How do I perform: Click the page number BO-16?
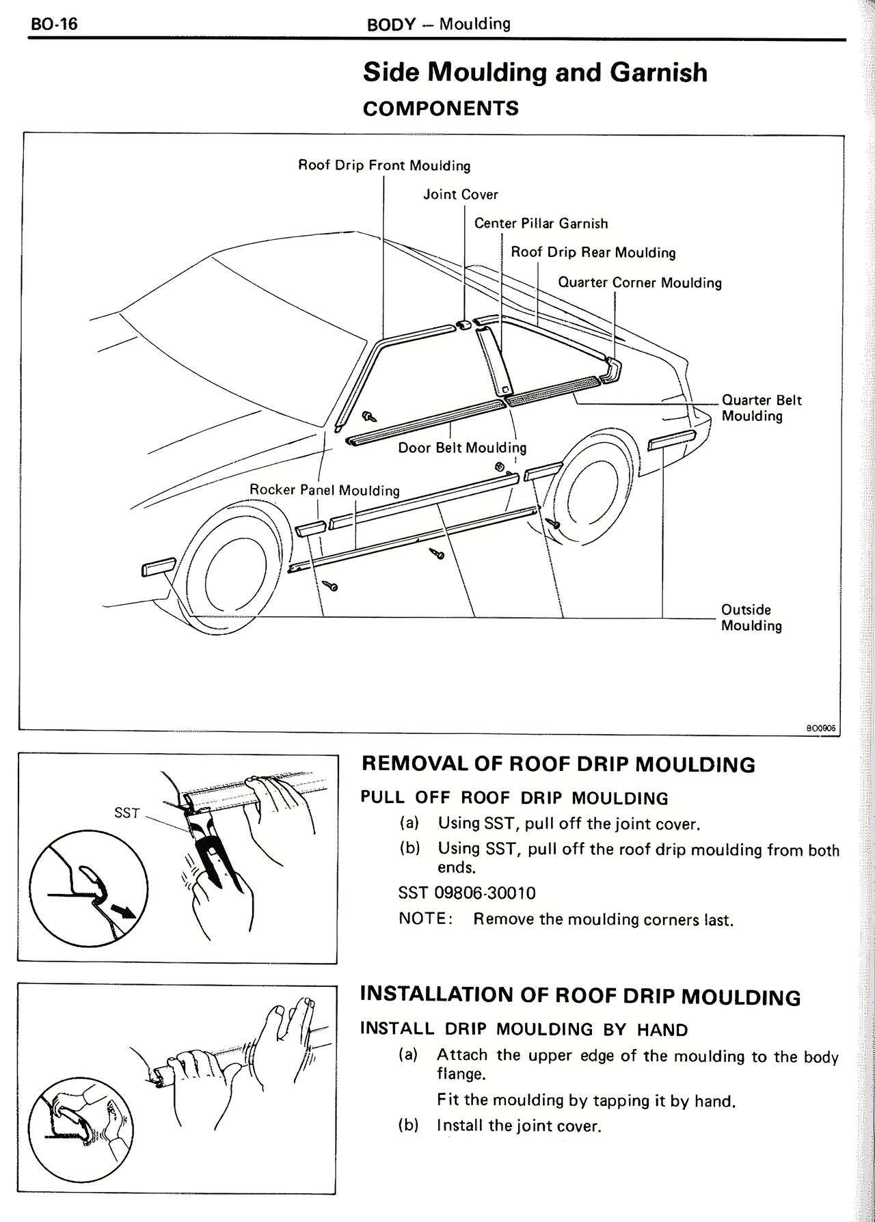tap(55, 25)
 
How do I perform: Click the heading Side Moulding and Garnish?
tap(535, 72)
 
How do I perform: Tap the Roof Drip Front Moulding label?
tap(384, 165)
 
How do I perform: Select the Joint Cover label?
tap(460, 195)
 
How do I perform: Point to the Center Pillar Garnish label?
tap(541, 223)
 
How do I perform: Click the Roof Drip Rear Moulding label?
tap(593, 253)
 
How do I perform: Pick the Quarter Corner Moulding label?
tap(639, 283)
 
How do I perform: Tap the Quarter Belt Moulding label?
tap(761, 408)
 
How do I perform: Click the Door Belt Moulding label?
tap(462, 448)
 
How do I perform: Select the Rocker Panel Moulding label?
tap(324, 490)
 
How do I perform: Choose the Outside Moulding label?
tap(751, 617)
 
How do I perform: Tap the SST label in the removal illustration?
tap(127, 813)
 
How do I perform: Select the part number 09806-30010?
tap(485, 893)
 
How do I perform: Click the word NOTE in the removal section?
tap(424, 919)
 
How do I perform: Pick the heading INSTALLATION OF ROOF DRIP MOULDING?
tap(580, 995)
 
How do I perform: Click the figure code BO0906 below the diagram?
tap(821, 729)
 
